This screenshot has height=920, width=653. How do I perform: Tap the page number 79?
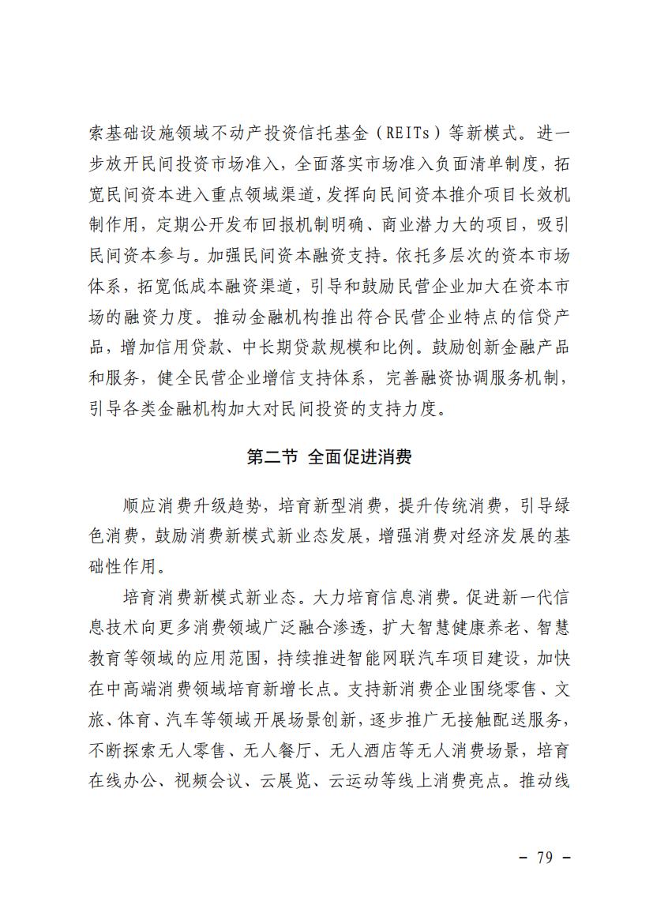tap(544, 858)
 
